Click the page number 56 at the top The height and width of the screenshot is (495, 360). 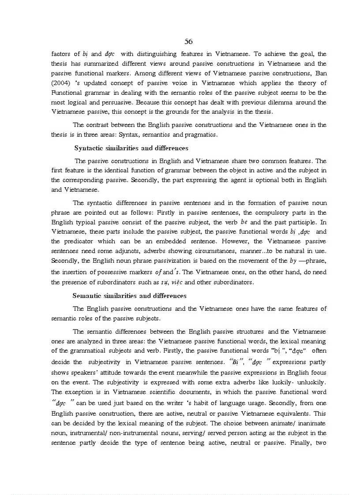coord(188,41)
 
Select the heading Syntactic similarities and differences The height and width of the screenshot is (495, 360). coord(131,148)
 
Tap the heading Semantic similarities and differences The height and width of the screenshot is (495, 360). coord(129,295)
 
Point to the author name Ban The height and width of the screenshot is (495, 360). coord(321,73)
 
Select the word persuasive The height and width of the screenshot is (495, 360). coord(109,102)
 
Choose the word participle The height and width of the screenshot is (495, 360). coord(300,222)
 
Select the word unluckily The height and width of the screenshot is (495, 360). coord(309,382)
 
